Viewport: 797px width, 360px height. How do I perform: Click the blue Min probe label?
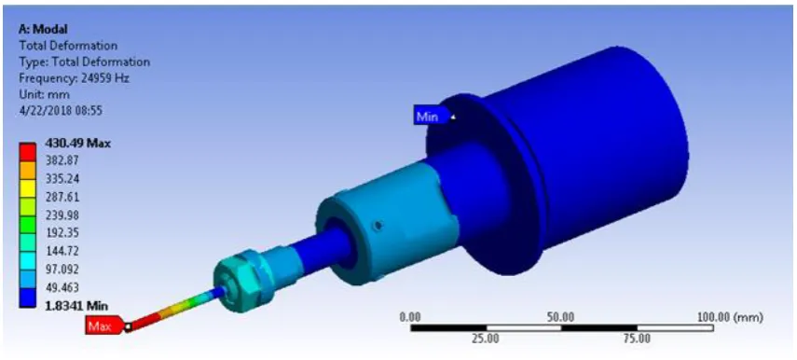point(431,117)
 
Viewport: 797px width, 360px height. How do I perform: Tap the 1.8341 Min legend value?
point(76,306)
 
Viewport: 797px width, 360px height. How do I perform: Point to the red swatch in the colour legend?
point(27,152)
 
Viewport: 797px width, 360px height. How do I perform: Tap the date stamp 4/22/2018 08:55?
point(61,110)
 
